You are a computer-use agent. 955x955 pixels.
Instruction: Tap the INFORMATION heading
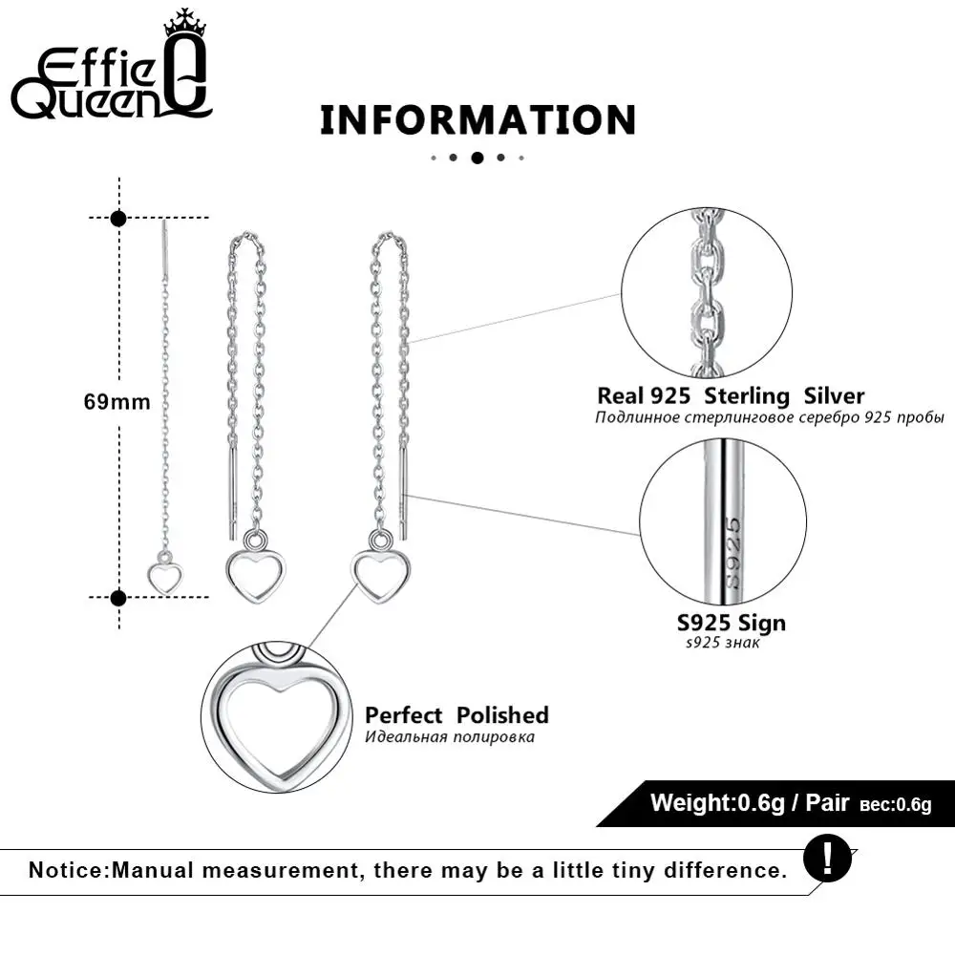point(477,120)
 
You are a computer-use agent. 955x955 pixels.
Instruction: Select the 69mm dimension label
point(117,402)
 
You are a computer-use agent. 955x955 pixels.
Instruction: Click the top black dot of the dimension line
point(118,219)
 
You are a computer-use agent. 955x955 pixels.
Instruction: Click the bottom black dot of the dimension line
point(118,598)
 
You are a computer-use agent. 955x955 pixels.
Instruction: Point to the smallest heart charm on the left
point(165,576)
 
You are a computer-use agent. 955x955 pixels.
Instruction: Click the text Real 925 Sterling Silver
point(731,395)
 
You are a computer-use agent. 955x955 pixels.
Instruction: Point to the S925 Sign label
point(732,623)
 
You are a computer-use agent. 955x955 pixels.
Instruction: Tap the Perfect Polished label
point(456,715)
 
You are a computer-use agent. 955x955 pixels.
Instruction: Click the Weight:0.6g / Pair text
point(750,802)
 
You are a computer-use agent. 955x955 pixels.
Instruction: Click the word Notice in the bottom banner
point(70,870)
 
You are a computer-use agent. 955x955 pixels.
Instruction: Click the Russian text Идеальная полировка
point(449,737)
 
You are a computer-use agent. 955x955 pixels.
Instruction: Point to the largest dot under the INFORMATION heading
point(477,158)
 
